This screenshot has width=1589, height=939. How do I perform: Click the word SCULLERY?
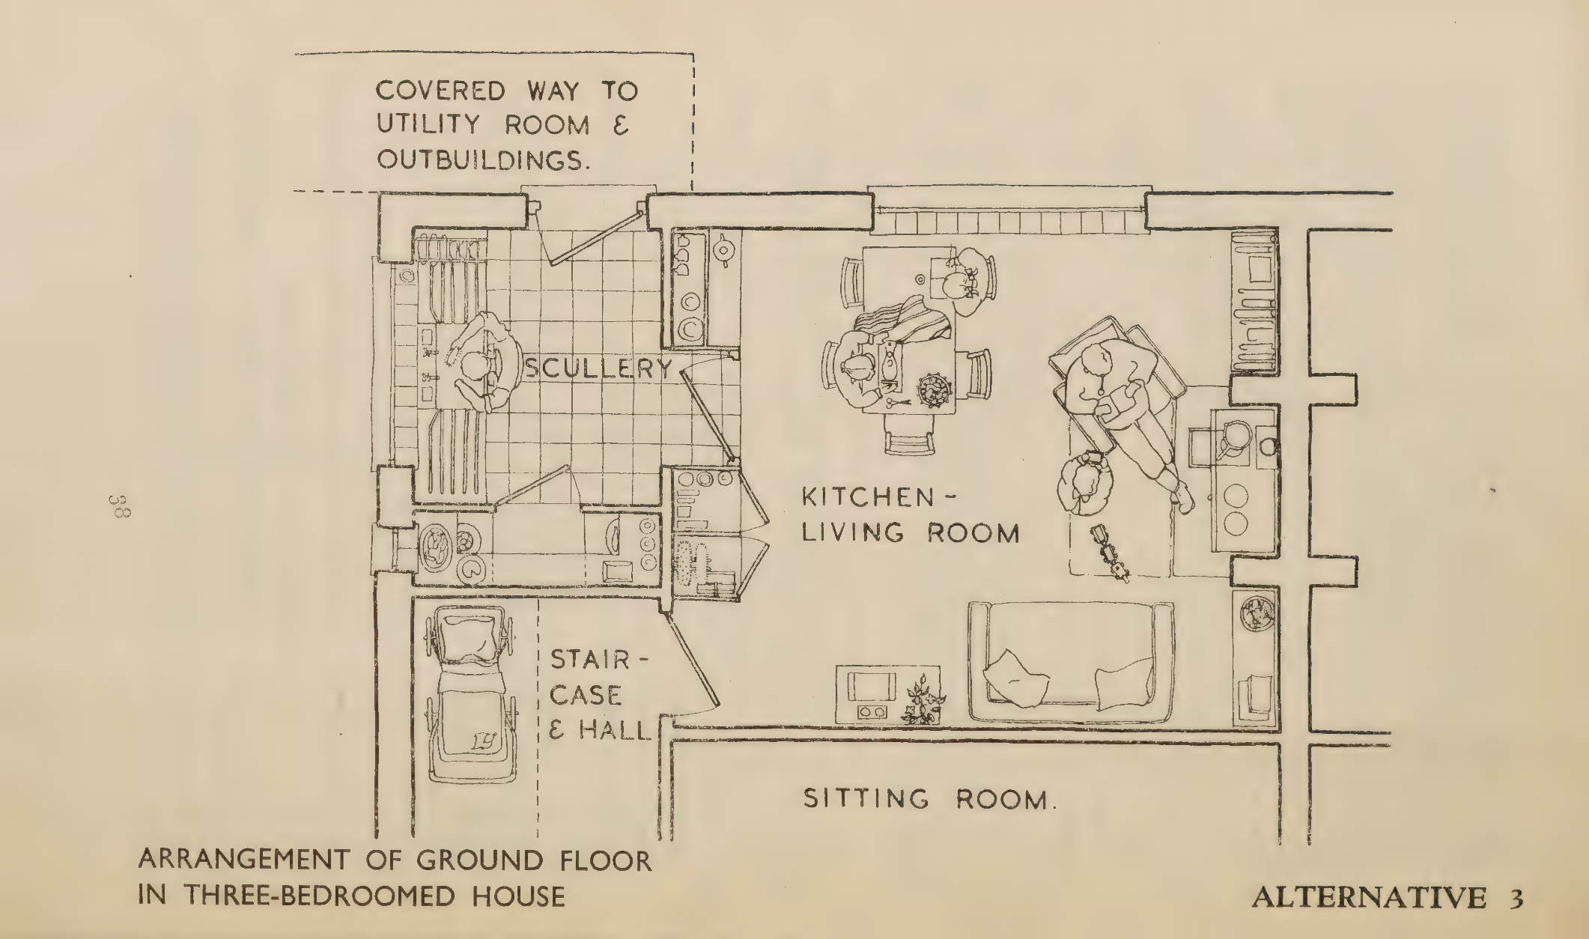(598, 368)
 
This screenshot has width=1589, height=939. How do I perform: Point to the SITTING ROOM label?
(930, 799)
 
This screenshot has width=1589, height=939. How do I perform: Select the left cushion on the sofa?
(1015, 677)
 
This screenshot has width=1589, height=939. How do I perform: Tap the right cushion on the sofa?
(1124, 681)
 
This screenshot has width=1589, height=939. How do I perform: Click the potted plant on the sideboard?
(922, 701)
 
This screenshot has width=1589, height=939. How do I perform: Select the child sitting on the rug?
(1082, 481)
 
